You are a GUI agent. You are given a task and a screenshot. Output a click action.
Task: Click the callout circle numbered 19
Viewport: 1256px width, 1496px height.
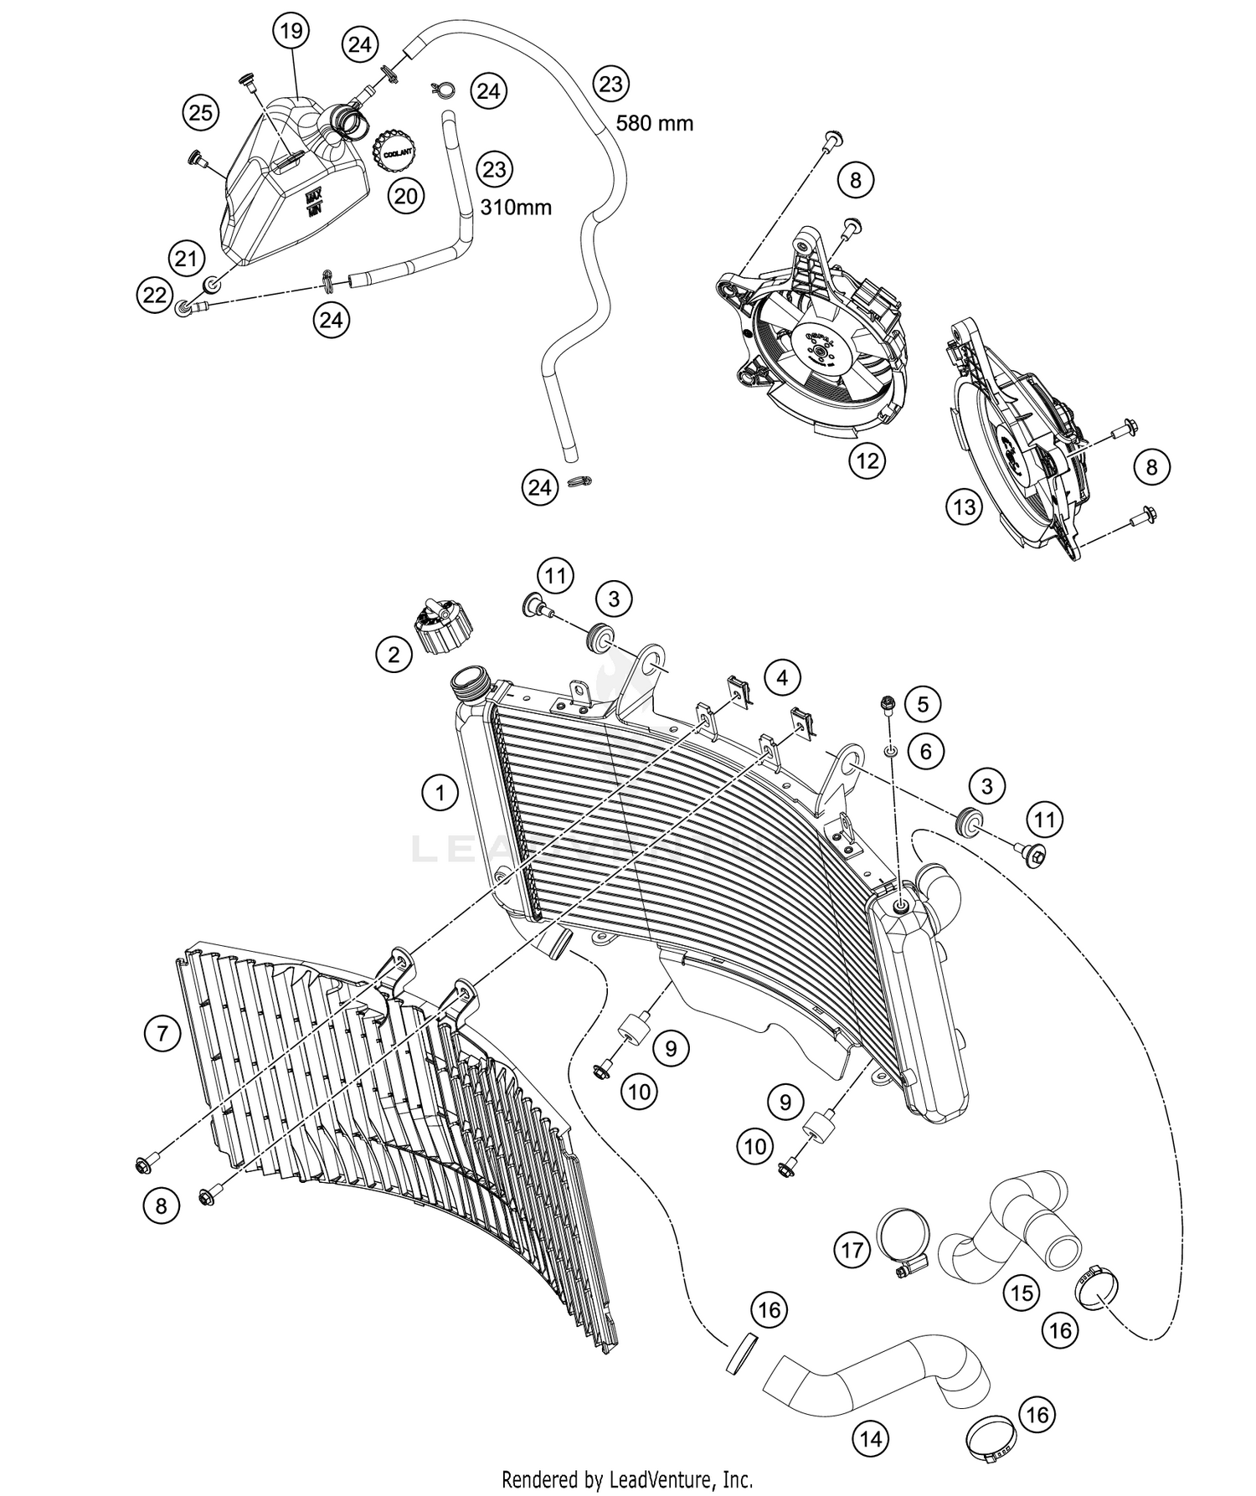(290, 33)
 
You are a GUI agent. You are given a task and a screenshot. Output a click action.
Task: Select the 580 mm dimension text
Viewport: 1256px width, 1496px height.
(655, 124)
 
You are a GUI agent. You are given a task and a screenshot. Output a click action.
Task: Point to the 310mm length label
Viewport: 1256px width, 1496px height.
(515, 207)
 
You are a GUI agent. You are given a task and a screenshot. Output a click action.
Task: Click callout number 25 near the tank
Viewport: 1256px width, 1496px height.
(201, 112)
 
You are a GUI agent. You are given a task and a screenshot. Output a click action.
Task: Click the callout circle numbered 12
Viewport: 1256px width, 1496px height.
(867, 460)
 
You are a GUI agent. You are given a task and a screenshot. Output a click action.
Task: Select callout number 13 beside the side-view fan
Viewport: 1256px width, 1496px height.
(965, 506)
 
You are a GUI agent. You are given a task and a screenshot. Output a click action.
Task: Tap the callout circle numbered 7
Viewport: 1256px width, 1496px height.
(162, 1034)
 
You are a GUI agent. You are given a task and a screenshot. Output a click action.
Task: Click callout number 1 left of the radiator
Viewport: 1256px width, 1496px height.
(440, 791)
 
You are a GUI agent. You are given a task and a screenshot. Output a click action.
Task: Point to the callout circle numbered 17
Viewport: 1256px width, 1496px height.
(852, 1251)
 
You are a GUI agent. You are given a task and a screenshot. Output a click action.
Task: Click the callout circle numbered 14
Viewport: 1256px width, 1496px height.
(871, 1439)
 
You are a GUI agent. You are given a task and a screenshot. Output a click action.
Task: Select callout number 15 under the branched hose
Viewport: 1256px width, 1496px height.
(1022, 1293)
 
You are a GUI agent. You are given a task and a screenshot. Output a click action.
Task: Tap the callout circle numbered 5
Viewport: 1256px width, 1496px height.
(922, 704)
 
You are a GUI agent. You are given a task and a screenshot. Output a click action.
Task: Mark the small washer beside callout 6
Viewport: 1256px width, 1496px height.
(893, 750)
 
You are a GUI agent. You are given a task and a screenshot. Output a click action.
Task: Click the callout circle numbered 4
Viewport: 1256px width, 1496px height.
(781, 676)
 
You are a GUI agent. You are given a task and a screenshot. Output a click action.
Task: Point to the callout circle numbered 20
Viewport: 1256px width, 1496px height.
(405, 196)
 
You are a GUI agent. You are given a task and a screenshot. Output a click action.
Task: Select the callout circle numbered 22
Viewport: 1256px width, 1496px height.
(155, 296)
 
